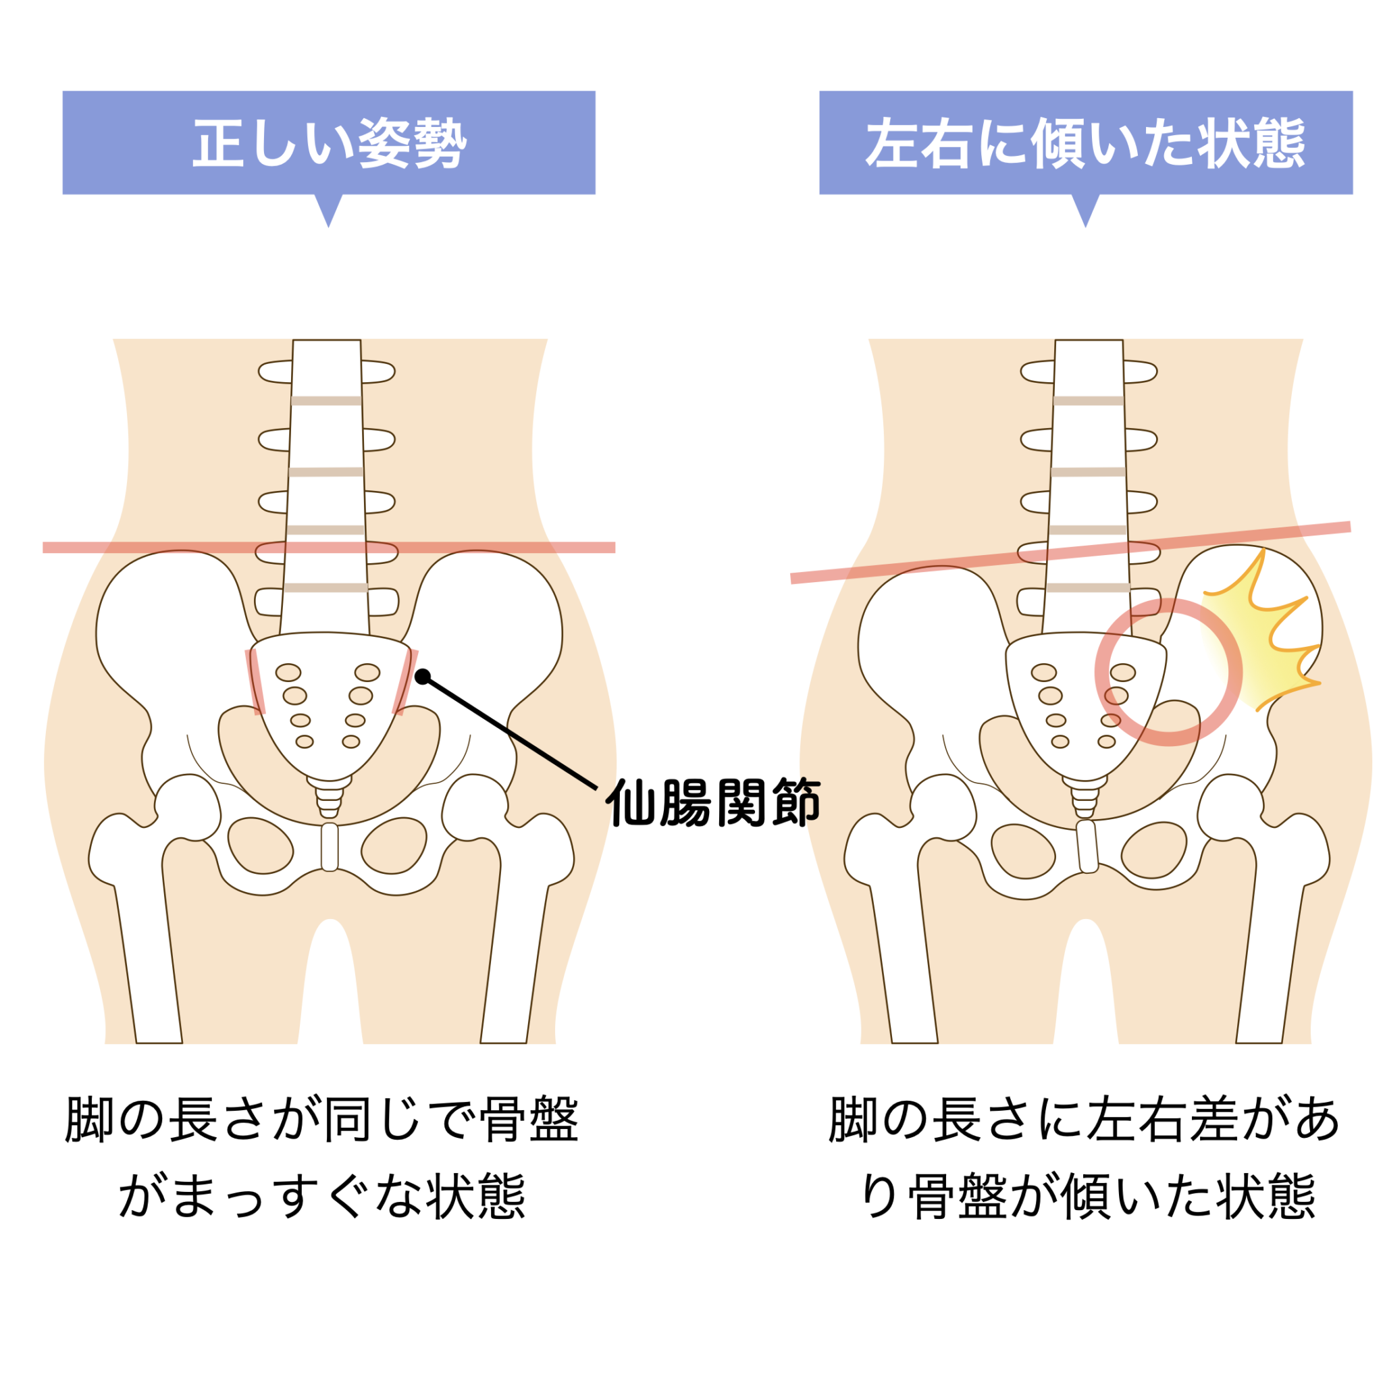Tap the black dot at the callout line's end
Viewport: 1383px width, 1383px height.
coord(422,676)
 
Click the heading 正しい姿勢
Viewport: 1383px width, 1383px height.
coord(329,142)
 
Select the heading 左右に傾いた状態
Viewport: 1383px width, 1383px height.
coord(1085,142)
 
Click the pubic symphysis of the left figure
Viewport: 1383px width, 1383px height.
coord(330,847)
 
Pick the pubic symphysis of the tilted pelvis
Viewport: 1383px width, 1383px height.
coord(1087,847)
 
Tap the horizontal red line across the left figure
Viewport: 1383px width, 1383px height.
coord(143,548)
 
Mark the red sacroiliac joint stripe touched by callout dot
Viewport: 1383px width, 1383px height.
coord(405,683)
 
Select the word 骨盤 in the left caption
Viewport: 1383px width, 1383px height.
coord(529,1119)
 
